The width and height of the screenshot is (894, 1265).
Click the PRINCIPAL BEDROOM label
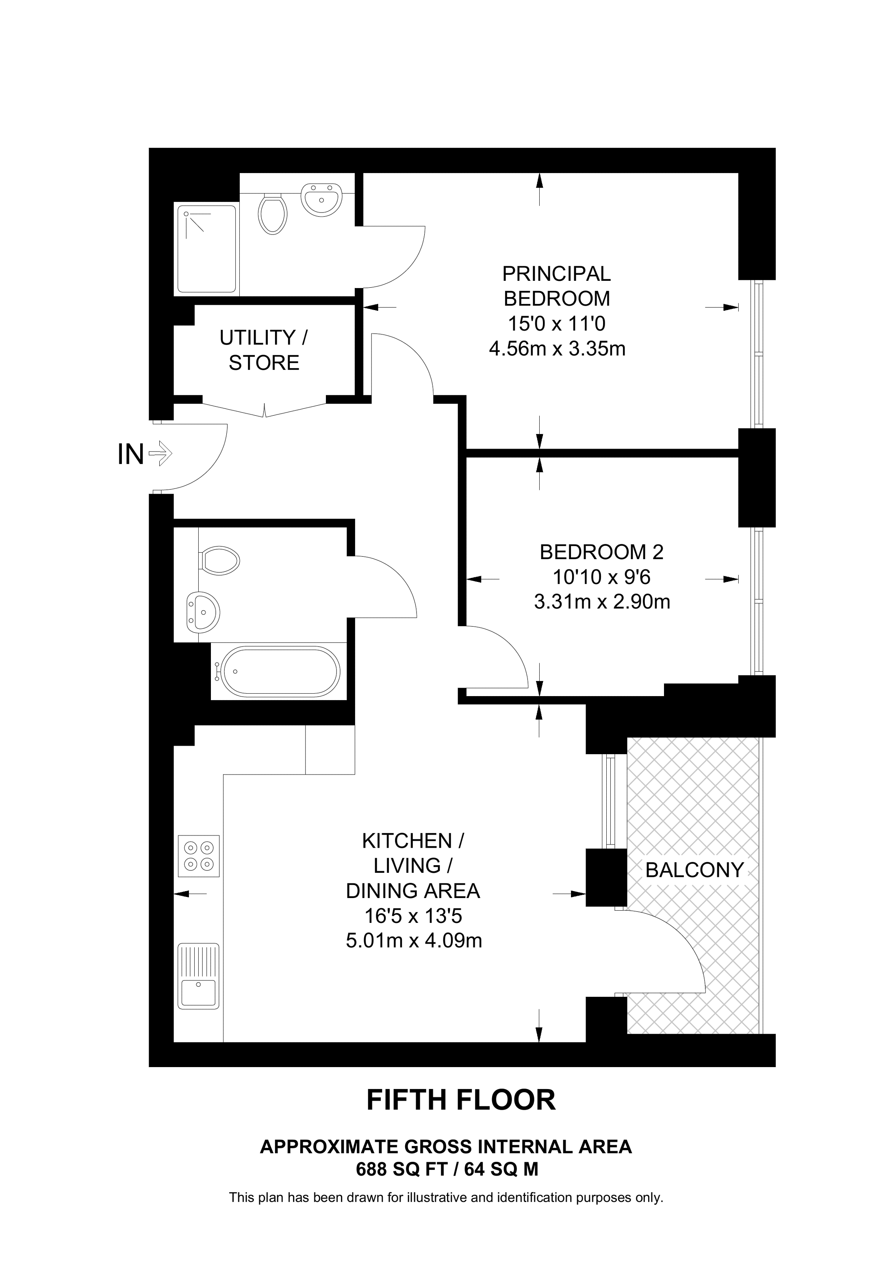pyautogui.click(x=556, y=286)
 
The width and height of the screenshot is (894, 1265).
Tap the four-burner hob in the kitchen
pyautogui.click(x=199, y=856)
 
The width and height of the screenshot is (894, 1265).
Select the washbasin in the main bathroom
pyautogui.click(x=203, y=612)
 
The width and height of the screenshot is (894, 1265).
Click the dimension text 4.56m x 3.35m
pyautogui.click(x=557, y=349)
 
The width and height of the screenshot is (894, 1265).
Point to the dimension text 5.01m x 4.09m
pyautogui.click(x=414, y=940)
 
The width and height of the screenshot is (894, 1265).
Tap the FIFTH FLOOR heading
pyautogui.click(x=461, y=1100)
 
